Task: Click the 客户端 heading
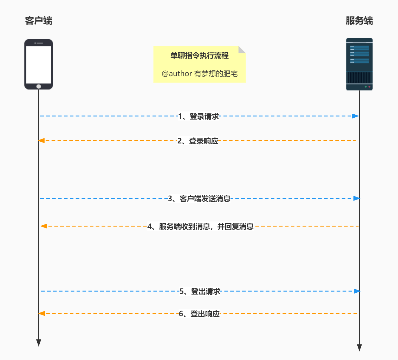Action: click(38, 21)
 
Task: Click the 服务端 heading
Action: click(359, 21)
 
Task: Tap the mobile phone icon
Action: click(38, 64)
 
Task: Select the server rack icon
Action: click(359, 64)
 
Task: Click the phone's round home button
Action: click(38, 86)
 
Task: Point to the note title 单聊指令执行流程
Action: click(199, 56)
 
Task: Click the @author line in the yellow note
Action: click(199, 74)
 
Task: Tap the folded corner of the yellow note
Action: click(242, 49)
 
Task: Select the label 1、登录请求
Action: click(199, 116)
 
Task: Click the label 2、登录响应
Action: click(198, 141)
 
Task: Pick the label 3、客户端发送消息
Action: click(199, 199)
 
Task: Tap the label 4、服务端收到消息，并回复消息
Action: click(200, 226)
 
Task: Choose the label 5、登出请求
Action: click(200, 291)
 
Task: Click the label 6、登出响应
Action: click(199, 314)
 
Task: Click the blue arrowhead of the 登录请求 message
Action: click(356, 116)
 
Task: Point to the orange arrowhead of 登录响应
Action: click(42, 141)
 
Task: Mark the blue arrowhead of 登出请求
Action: click(357, 291)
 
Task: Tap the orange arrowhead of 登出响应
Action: click(42, 313)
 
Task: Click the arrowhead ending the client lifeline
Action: click(38, 343)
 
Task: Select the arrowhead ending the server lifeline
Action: click(359, 348)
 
